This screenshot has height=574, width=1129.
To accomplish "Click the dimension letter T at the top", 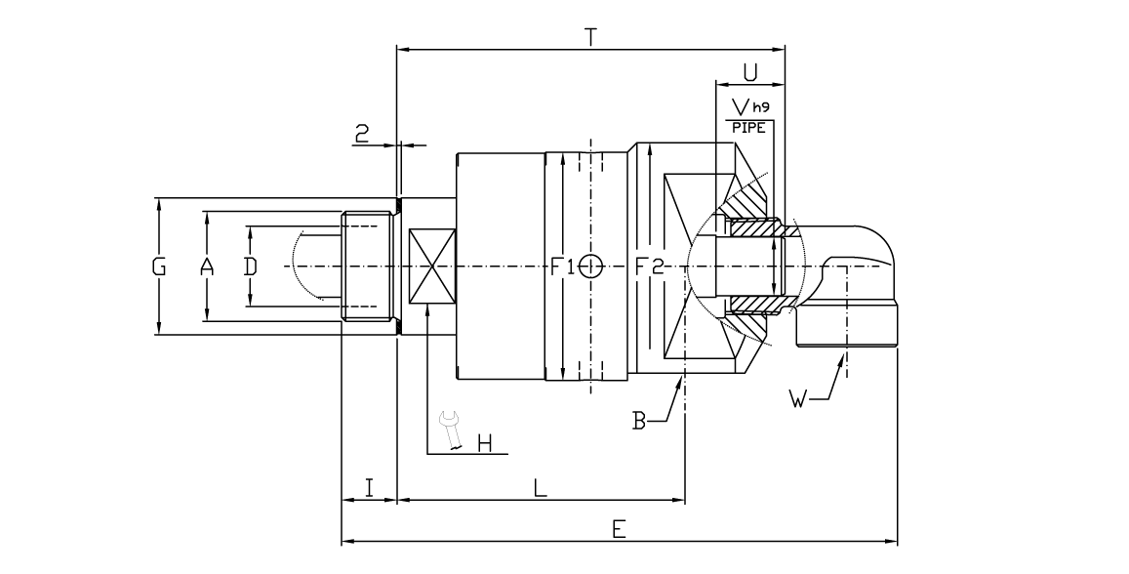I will [590, 37].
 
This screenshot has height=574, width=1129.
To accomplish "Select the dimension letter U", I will [750, 72].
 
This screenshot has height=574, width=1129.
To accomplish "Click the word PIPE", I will [748, 126].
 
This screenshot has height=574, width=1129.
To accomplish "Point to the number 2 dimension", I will [361, 135].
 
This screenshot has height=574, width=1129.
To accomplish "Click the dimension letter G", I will [159, 266].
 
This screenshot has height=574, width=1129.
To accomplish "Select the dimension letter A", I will [207, 266].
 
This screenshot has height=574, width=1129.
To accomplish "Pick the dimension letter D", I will [250, 266].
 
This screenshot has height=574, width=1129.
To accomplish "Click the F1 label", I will [562, 266].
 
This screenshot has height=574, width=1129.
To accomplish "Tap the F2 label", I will [650, 266].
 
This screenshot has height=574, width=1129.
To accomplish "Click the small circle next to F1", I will [590, 266].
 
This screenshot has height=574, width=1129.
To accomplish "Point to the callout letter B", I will [639, 422].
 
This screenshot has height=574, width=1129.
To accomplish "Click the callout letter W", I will [799, 398].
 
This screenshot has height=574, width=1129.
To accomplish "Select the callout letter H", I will [485, 445].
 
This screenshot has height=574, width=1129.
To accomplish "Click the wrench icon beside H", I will [451, 430].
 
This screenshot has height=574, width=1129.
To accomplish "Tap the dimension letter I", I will [369, 486].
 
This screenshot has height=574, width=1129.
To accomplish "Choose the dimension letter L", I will [540, 486].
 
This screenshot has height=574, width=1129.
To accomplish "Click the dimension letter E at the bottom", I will [619, 528].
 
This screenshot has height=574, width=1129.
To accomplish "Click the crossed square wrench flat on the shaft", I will [429, 266].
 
